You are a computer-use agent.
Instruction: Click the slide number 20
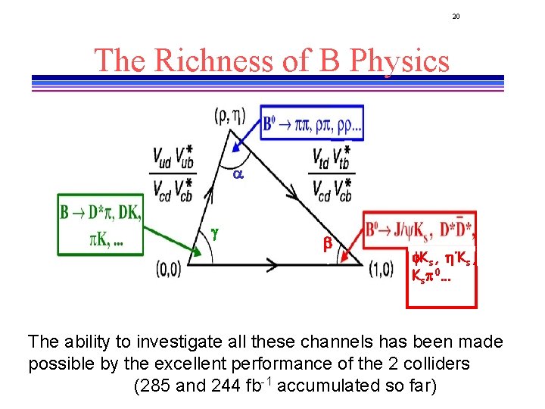456,16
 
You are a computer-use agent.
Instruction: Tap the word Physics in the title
395,61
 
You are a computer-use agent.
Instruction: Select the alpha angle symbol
237,173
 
